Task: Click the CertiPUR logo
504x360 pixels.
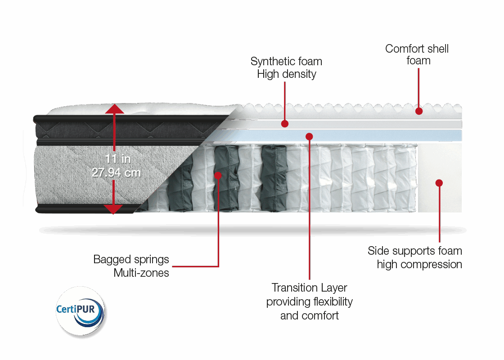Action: pos(80,310)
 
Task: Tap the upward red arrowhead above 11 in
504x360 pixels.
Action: pos(115,109)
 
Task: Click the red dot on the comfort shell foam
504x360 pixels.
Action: pos(419,111)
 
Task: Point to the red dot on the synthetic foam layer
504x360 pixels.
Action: pos(284,123)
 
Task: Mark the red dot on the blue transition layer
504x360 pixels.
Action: pos(309,136)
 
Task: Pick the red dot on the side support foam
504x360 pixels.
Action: pos(439,183)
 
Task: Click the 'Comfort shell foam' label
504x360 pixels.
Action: pos(417,54)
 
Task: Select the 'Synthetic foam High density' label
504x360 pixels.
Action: pos(287,67)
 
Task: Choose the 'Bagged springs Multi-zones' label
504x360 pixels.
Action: pos(131,266)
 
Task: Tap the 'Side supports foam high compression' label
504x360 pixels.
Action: pos(415,257)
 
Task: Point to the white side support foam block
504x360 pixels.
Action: pos(440,162)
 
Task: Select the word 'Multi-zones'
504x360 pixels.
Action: pos(141,273)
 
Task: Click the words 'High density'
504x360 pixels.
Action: pos(287,74)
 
